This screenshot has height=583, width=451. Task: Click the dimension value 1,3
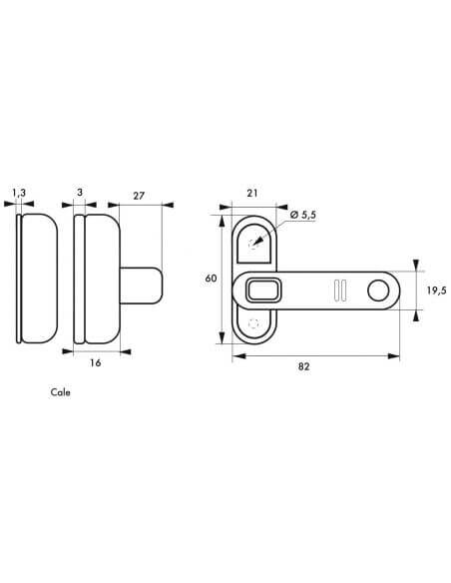pos(19,193)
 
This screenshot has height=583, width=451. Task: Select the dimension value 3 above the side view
pos(80,193)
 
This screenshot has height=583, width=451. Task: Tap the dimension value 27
pos(139,196)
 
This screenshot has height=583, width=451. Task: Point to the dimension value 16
pos(96,362)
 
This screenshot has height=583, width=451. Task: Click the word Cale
pos(60,392)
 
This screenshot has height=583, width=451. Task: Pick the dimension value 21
pos(252,193)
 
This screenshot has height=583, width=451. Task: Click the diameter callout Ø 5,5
pos(303,215)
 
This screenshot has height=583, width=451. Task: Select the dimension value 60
pos(211,279)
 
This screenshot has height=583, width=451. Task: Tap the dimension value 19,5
pos(436,291)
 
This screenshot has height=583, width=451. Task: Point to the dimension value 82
pos(303,366)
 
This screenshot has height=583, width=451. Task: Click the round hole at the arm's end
pos(378,291)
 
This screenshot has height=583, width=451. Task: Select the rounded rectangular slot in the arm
pos(263,291)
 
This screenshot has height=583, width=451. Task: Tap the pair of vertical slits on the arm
pos(340,291)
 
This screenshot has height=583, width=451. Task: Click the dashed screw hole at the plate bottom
pos(253,323)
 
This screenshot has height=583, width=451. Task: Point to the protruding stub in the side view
pos(142,286)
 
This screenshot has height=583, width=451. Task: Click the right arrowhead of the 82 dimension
pos(394,356)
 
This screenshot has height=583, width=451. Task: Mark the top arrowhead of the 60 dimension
pos(222,222)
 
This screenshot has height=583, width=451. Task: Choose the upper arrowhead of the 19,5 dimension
pos(416,266)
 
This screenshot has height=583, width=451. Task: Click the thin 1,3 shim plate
pos(18,279)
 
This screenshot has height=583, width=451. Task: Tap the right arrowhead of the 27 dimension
pos(168,204)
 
